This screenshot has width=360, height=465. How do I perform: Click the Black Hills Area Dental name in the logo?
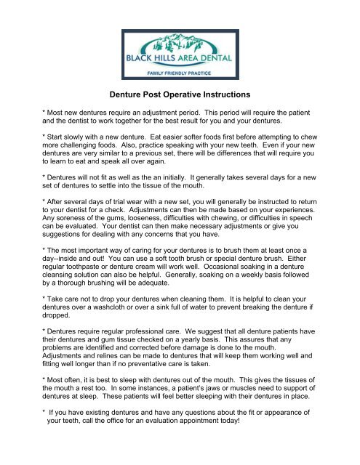click(180, 62)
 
